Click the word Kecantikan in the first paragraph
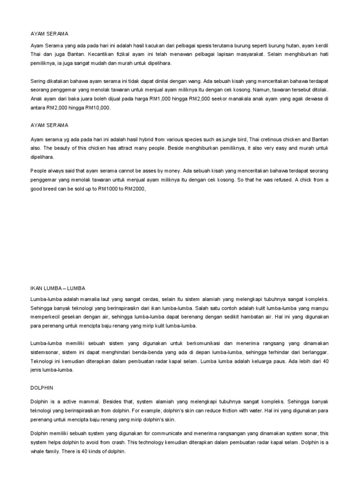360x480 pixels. click(98, 54)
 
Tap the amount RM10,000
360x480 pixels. click(97, 107)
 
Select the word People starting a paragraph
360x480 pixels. click(40, 171)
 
